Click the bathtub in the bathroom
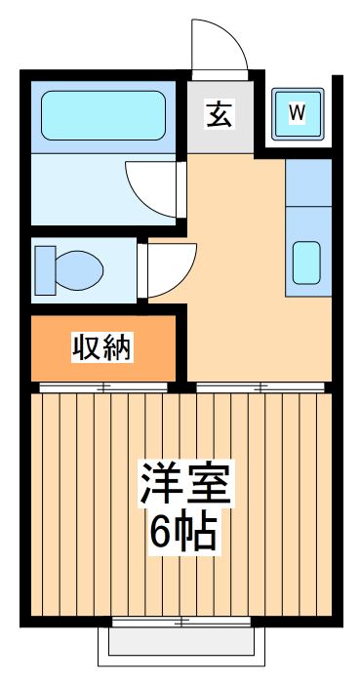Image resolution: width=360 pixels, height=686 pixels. click(103, 116)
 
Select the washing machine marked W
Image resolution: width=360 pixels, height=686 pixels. click(297, 113)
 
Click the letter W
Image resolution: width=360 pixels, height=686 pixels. click(297, 113)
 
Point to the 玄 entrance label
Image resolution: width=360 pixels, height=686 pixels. click(220, 114)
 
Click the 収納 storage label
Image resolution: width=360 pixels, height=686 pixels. click(102, 346)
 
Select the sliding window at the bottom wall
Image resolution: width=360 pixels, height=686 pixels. click(181, 621)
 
